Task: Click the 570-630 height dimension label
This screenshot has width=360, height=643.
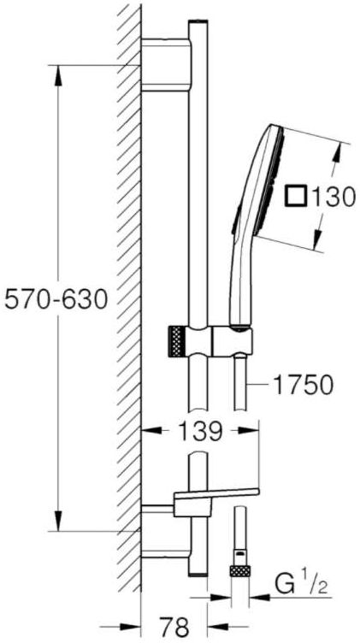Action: click(56, 300)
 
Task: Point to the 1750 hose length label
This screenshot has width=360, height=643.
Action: click(303, 386)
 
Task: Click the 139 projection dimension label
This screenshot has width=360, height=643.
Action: click(200, 431)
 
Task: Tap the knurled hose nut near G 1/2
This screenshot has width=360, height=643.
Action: click(240, 571)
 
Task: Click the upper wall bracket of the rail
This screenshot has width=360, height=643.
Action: click(166, 65)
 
